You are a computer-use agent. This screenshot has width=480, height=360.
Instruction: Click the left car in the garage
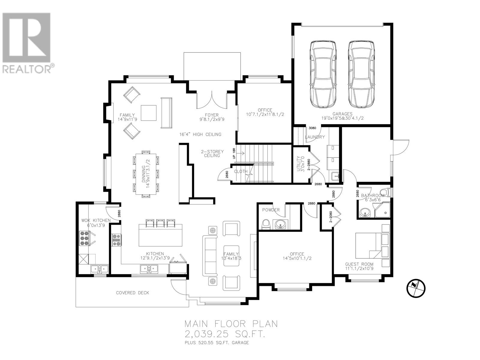coord(323,74)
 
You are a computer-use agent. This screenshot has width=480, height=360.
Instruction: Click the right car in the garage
coord(361,74)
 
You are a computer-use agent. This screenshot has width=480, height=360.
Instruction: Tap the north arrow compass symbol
coord(416,288)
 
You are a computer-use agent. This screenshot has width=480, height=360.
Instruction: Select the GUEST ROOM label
coord(359,264)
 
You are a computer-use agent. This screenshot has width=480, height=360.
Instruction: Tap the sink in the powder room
coord(280,224)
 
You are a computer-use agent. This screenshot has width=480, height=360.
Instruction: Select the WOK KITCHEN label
coord(96,220)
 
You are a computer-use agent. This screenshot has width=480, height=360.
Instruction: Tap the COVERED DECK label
coord(132,292)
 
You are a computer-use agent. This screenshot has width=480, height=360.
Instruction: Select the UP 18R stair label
coord(234,154)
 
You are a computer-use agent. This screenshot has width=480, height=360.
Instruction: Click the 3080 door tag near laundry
coord(312,128)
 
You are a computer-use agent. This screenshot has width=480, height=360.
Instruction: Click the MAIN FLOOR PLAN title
coord(231,324)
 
